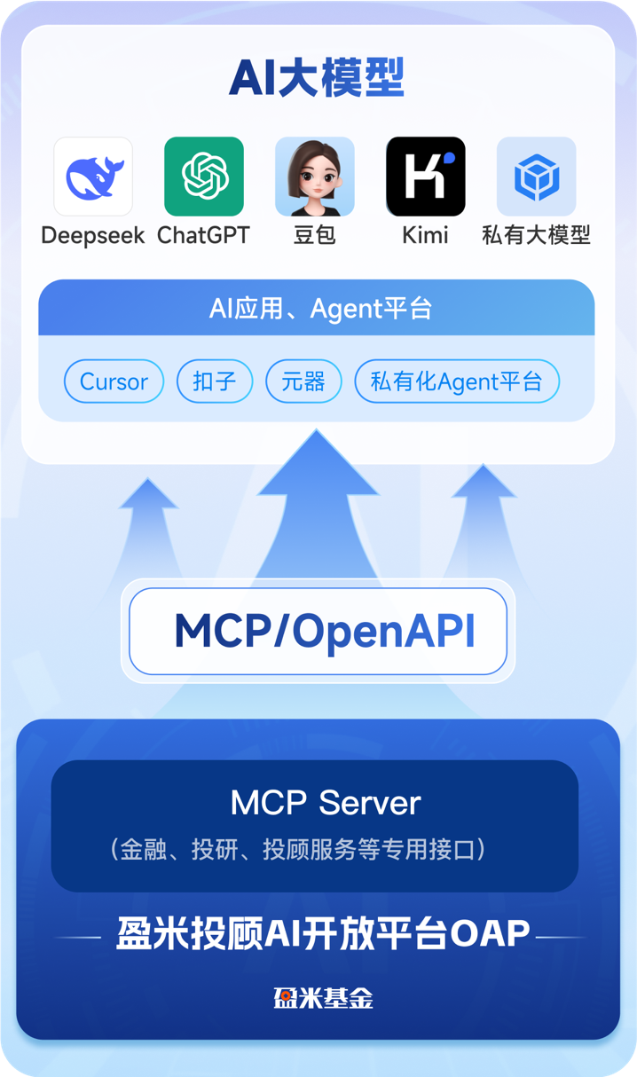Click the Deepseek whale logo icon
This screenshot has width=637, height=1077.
click(93, 177)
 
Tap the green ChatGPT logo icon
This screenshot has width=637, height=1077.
click(204, 177)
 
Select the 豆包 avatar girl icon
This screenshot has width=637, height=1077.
click(315, 177)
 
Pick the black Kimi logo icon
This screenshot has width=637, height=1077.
click(426, 177)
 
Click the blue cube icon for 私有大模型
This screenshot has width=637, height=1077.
click(537, 177)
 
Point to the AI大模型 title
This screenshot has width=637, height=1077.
click(317, 78)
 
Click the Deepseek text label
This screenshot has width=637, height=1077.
click(93, 236)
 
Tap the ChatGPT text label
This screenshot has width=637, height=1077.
click(204, 235)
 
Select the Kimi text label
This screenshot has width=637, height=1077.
click(426, 235)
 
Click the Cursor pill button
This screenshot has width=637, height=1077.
click(114, 381)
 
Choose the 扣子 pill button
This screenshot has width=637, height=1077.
click(215, 381)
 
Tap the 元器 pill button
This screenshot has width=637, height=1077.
click(303, 381)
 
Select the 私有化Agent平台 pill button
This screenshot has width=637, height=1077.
click(457, 381)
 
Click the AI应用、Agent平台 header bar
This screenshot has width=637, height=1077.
click(317, 308)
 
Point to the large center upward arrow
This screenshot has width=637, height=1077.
click(317, 505)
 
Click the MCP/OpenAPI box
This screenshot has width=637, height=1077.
click(318, 631)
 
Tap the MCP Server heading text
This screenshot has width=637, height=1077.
click(326, 803)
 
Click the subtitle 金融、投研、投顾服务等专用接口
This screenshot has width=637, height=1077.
click(297, 849)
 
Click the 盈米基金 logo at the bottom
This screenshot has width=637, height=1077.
click(323, 998)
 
